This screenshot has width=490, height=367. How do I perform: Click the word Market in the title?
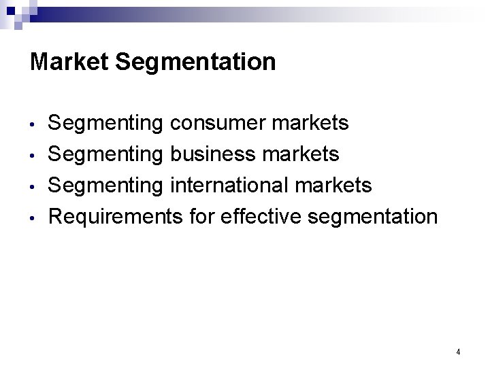tap(70, 63)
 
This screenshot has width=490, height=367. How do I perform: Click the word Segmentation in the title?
tap(196, 63)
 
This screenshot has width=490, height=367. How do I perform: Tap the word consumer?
tap(218, 124)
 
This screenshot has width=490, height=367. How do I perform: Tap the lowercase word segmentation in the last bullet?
tap(373, 217)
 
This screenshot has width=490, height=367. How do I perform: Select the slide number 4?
tap(458, 352)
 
